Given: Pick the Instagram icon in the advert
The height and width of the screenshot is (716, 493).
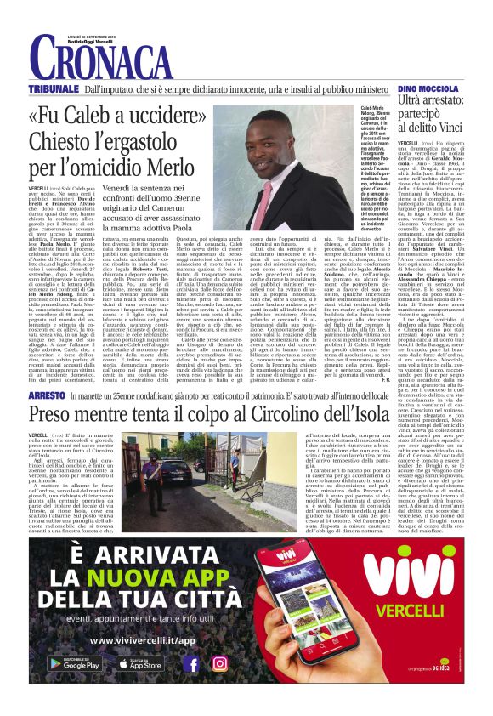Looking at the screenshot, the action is point(220,664).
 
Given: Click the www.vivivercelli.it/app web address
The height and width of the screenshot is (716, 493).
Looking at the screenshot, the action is point(136,639).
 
